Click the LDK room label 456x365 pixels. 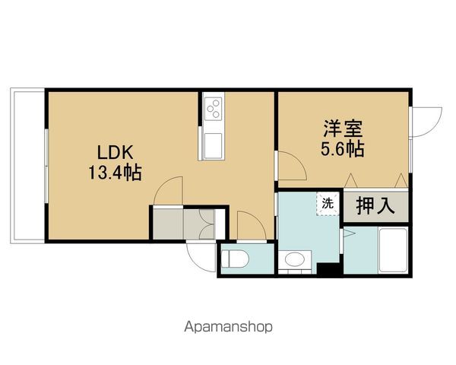tap(116, 153)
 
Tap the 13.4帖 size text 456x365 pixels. tap(115, 173)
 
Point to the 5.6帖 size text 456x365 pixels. tap(343, 149)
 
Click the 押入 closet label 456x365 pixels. tap(375, 205)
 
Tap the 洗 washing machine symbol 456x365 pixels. tap(328, 204)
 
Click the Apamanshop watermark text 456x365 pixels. tap(228, 326)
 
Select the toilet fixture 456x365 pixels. tap(235, 259)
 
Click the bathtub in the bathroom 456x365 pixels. tap(393, 250)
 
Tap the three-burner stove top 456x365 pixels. tap(214, 109)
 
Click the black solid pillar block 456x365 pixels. tap(328, 268)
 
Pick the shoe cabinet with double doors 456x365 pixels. tap(199, 224)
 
